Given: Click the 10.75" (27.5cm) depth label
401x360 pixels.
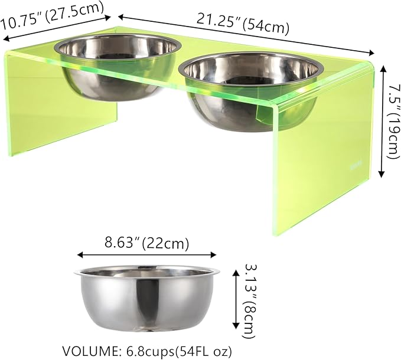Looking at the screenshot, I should pyautogui.click(x=52, y=15).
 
